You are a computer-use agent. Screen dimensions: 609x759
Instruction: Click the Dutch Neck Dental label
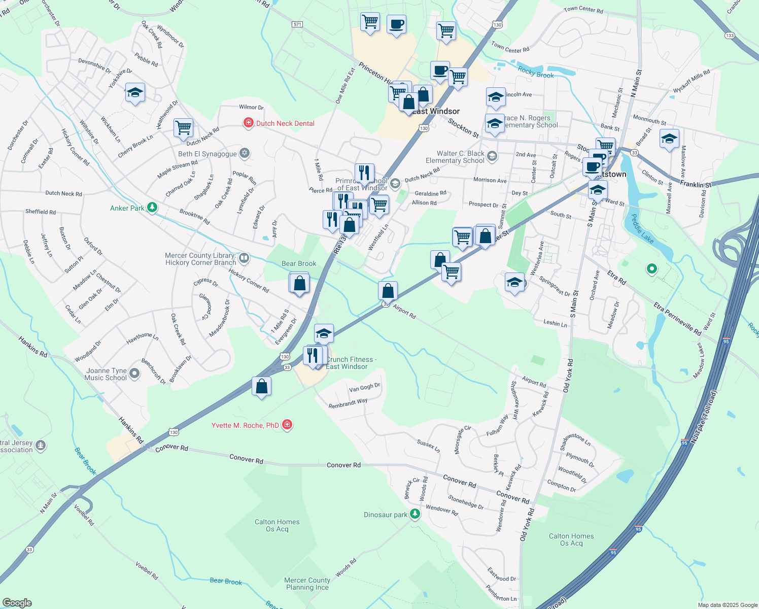pos(285,123)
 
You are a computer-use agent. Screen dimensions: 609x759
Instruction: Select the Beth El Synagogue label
pos(208,154)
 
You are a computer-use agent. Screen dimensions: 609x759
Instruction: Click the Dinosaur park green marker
pos(415,514)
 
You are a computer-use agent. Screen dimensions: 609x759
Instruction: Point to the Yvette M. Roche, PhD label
pos(245,425)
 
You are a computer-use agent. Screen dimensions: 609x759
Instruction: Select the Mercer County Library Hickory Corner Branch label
pos(200,259)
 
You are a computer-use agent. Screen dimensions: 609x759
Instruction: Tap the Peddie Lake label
pos(642,229)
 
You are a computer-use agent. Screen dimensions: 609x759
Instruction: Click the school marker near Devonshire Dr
pos(135,93)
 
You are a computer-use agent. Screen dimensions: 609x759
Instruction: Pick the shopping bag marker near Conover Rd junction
pos(261,387)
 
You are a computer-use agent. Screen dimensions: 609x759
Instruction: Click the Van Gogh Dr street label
pos(364,388)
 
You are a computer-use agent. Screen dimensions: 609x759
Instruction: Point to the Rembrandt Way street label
pos(348,403)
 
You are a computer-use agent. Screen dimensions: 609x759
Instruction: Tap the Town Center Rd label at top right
pos(583,10)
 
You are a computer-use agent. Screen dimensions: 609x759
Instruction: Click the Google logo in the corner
pos(17,602)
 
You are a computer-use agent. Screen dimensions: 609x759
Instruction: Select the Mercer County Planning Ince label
pos(307,584)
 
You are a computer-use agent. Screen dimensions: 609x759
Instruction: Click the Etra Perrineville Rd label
pos(677,319)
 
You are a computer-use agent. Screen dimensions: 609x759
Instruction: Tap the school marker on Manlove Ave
pos(669,139)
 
